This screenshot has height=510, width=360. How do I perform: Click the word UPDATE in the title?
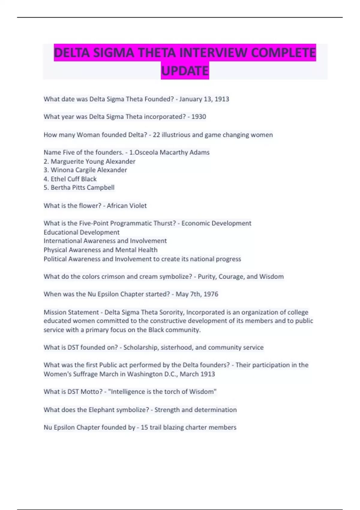pos(185,71)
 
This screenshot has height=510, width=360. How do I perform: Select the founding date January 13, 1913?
pos(204,99)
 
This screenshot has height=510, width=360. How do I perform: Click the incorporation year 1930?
pos(199,117)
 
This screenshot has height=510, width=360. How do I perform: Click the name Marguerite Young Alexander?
pos(93,161)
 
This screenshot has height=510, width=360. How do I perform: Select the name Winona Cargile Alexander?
pos(89,170)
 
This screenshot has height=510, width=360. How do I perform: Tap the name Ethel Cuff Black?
pos(73,179)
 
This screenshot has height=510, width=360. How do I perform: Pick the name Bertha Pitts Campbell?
pos(82,187)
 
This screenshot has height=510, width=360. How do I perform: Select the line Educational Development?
pos(82,232)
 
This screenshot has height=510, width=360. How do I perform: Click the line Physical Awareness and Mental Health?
pos(100,250)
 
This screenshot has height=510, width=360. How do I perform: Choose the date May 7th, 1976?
pos(197,294)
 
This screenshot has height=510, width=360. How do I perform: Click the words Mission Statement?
pos(71,312)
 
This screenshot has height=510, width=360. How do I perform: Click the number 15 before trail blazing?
pos(144,427)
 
